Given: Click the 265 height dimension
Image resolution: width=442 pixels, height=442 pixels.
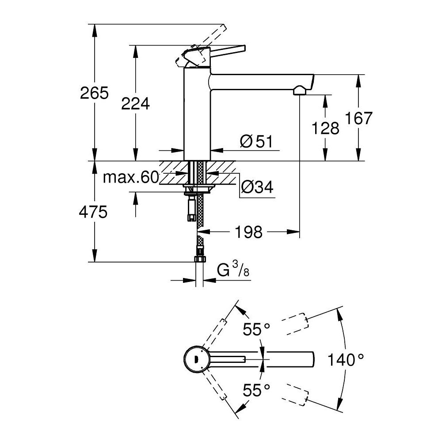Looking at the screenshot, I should pos(94,93).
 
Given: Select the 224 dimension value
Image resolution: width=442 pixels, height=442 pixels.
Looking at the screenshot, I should pos(135,104).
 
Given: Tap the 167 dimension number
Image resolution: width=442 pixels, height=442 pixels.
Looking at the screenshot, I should pos(358,118).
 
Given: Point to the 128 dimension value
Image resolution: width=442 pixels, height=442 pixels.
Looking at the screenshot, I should pos(325,128).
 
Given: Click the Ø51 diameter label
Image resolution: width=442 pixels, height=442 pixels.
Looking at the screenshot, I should pos(256,142).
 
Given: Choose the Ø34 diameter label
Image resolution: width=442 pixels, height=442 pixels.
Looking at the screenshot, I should pos(257,188).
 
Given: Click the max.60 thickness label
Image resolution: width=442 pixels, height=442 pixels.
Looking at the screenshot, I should pos(130,178).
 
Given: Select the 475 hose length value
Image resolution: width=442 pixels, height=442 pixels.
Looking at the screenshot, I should pos(94,213).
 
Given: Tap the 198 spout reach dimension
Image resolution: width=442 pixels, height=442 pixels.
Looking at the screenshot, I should pos(249,232).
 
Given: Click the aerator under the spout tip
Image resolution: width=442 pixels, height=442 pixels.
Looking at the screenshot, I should pos(299,91).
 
